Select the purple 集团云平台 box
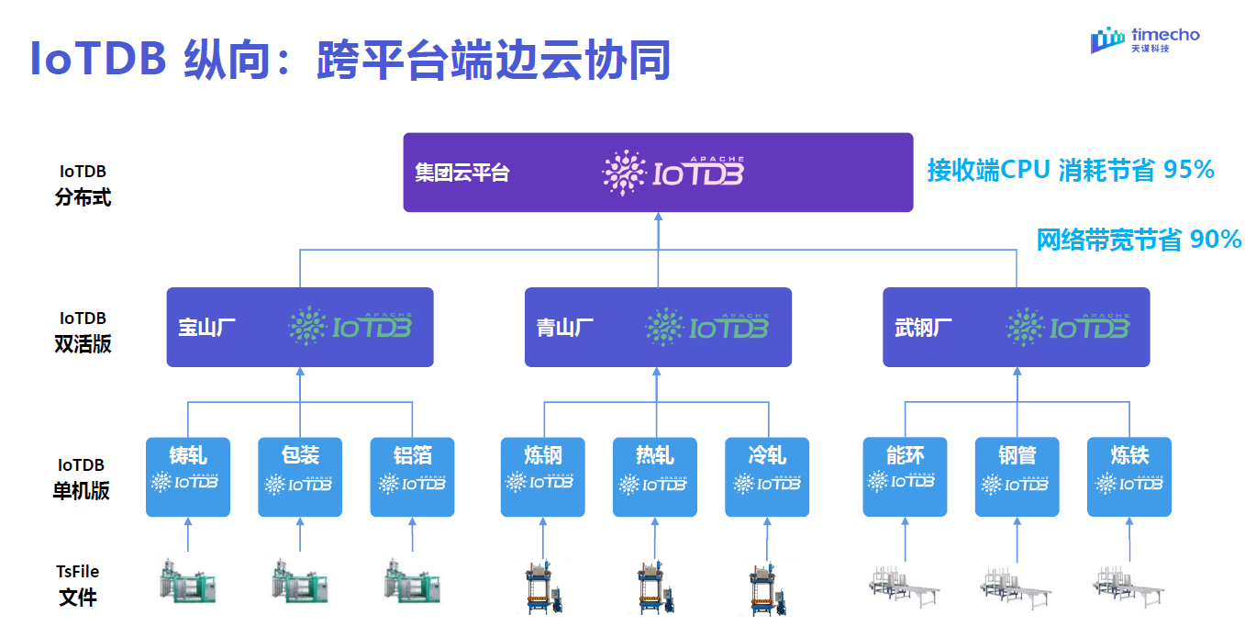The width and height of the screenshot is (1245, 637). pyautogui.click(x=658, y=173)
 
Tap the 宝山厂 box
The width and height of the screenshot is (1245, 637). pyautogui.click(x=300, y=328)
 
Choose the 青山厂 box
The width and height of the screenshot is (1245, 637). pyautogui.click(x=658, y=328)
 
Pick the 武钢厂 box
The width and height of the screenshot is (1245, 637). pyautogui.click(x=1016, y=328)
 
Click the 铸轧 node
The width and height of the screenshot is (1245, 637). pyautogui.click(x=188, y=476)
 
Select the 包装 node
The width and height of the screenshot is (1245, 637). pyautogui.click(x=300, y=476)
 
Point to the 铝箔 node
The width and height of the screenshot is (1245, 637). pyautogui.click(x=412, y=476)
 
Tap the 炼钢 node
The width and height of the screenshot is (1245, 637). pyautogui.click(x=542, y=476)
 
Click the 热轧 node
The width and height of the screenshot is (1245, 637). pyautogui.click(x=654, y=476)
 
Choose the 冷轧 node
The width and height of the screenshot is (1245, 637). pyautogui.click(x=767, y=476)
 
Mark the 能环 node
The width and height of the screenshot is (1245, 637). pyautogui.click(x=905, y=476)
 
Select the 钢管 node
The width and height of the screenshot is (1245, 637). pyautogui.click(x=1017, y=476)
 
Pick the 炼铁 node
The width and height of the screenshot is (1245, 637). pyautogui.click(x=1128, y=476)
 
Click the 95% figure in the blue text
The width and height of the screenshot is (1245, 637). pyautogui.click(x=1189, y=170)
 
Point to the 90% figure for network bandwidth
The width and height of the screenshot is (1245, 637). pyautogui.click(x=1216, y=240)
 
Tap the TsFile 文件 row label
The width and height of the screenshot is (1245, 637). pyautogui.click(x=78, y=585)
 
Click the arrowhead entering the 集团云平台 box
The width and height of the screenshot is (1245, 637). pyautogui.click(x=658, y=218)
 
